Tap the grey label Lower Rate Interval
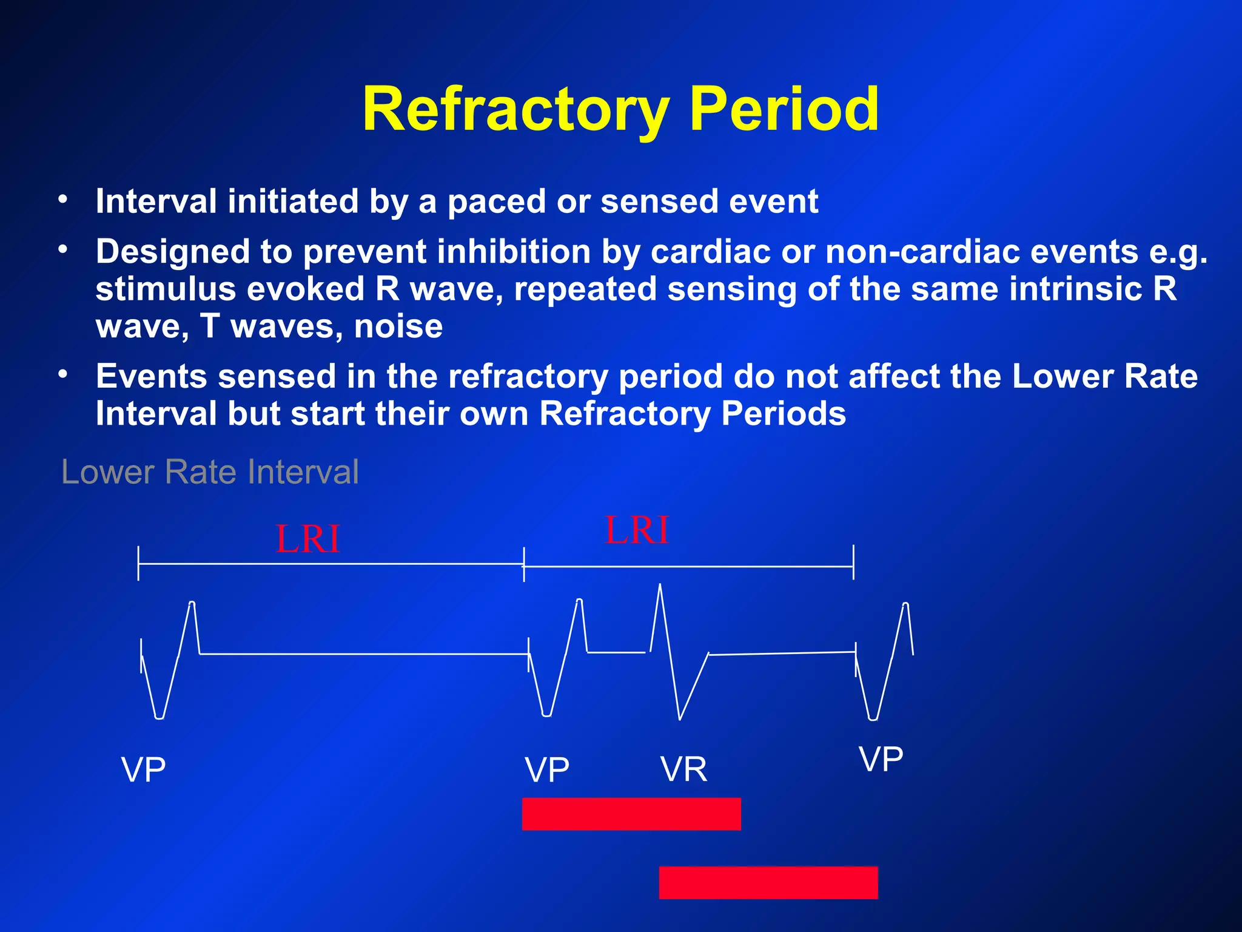(210, 472)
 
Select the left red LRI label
(307, 539)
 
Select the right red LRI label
(637, 530)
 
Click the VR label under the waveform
(683, 769)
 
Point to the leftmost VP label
(143, 770)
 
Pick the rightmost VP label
(881, 759)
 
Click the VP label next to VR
(546, 770)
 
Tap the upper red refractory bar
(631, 814)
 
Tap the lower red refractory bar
(768, 882)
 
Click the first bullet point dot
(62, 199)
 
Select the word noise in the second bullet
(398, 327)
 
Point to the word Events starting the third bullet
(151, 377)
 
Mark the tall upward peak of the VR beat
(660, 586)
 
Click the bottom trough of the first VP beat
(159, 717)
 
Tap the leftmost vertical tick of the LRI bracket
(138, 563)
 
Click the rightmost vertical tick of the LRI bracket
(853, 562)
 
